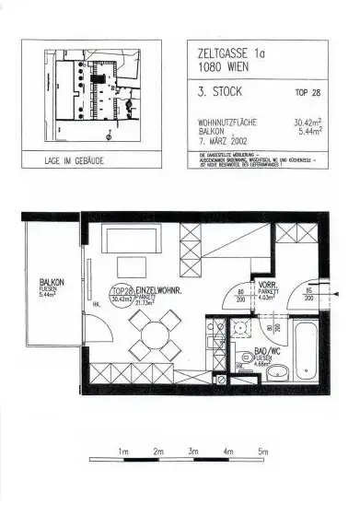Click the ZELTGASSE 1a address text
228,53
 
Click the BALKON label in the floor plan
51,283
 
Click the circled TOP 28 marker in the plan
122,293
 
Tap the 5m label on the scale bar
262,451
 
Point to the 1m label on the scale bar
122,451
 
